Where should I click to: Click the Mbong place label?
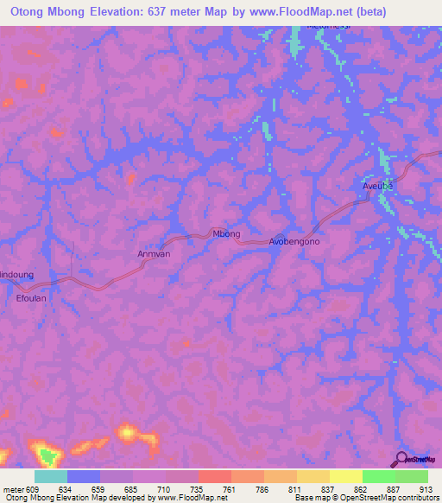tap(226, 234)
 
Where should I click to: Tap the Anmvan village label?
tap(155, 254)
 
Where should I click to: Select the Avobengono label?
tap(294, 242)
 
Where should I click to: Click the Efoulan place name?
tap(31, 297)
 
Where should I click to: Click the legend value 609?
tap(35, 488)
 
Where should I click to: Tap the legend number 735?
tap(198, 488)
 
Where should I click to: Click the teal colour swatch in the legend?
tap(51, 476)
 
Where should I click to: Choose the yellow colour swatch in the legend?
tap(346, 476)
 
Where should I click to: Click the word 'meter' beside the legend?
tap(13, 488)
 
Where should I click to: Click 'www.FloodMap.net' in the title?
tap(296, 12)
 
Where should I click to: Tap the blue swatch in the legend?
tap(84, 476)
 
